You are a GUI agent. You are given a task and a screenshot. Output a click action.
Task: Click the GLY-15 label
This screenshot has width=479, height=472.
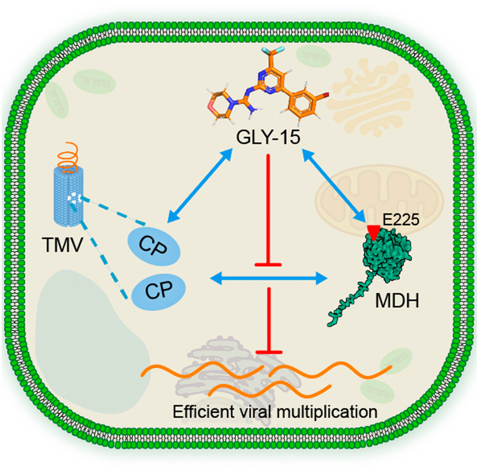point(268,137)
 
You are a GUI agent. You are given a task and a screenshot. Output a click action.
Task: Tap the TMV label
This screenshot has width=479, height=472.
point(62,245)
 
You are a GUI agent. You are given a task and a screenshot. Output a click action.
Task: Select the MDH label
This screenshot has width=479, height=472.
point(397,301)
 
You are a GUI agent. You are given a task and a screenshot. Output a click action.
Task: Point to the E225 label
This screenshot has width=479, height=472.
point(400,220)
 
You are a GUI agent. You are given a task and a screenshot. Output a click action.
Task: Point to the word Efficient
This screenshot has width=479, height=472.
point(203,411)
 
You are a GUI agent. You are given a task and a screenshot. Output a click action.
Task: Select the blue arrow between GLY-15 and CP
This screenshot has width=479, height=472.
point(200,185)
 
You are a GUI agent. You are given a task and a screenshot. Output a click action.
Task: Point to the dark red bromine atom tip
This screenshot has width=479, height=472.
point(326,95)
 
